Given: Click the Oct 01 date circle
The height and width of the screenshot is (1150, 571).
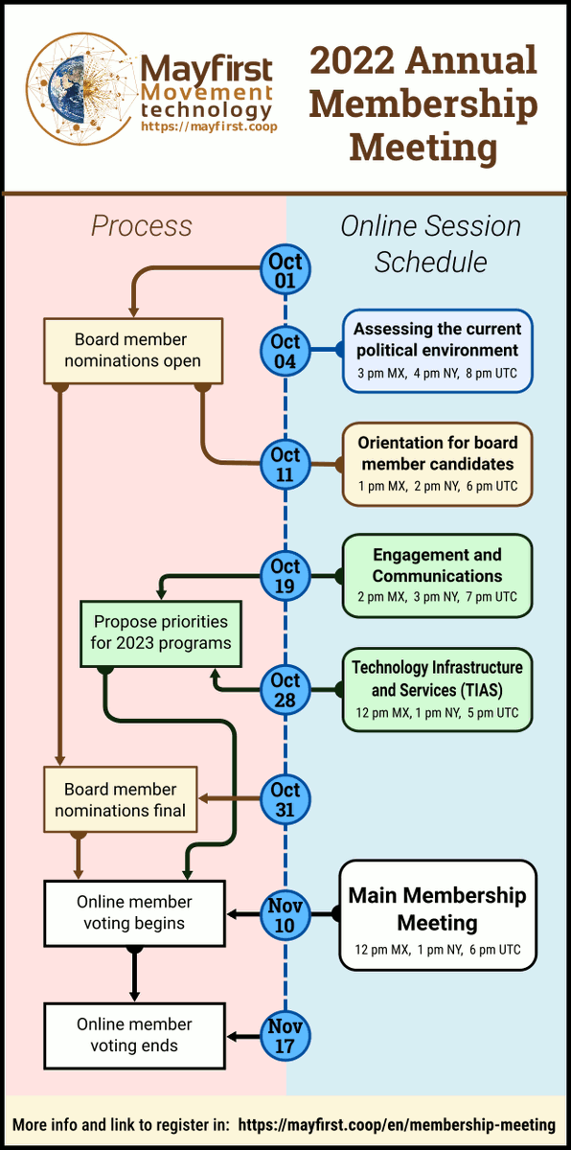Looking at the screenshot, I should [x=285, y=270].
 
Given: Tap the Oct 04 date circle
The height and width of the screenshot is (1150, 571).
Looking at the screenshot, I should [x=285, y=352].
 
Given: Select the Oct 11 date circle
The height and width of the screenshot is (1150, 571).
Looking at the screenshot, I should [x=285, y=465].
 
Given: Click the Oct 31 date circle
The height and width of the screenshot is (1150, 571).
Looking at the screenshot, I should [x=285, y=799].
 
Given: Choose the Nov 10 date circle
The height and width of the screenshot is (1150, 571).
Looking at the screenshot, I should [x=285, y=913].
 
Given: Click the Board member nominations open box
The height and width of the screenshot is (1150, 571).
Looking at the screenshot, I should [x=133, y=350].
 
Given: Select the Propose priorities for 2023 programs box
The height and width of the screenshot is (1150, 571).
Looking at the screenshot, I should [x=161, y=632].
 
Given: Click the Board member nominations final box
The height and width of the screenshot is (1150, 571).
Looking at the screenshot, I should [x=120, y=799].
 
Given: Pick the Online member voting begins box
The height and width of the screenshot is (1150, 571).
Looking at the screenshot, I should [x=134, y=912].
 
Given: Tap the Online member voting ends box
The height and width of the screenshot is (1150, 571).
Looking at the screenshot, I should [x=134, y=1035].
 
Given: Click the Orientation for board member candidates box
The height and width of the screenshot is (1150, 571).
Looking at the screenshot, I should [x=437, y=464].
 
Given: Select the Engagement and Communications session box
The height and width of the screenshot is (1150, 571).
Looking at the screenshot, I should [x=437, y=576].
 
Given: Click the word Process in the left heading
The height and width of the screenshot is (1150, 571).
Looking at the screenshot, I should [x=142, y=226].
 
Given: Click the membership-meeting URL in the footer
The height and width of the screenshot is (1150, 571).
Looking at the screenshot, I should [x=397, y=1124].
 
